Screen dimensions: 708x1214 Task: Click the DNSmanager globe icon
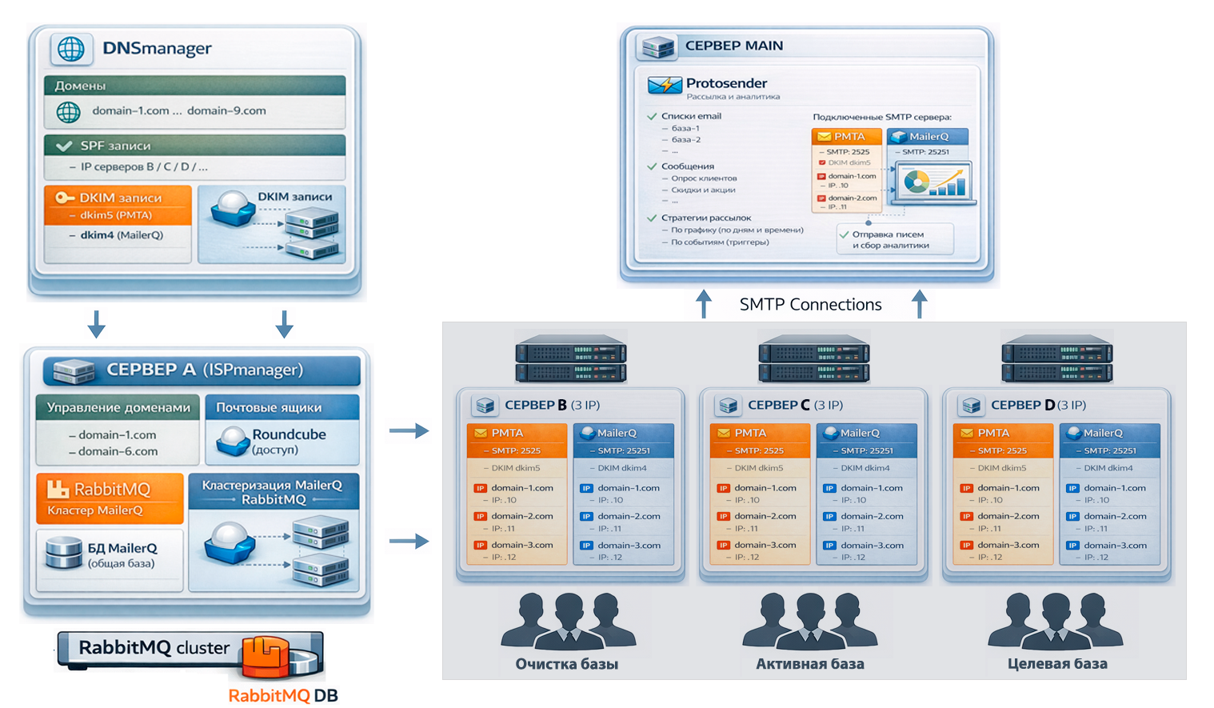click(71, 49)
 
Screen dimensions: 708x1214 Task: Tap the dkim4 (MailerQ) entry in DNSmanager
click(121, 235)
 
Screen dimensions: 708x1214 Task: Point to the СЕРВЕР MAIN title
click(733, 46)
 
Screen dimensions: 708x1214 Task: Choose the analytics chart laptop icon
click(933, 182)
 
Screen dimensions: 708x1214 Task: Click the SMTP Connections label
click(810, 305)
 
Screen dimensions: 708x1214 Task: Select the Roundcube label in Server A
click(289, 434)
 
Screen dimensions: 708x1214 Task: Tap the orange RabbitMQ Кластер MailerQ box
click(110, 498)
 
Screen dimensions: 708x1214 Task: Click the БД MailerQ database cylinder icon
click(64, 553)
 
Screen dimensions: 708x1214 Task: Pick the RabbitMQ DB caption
click(283, 695)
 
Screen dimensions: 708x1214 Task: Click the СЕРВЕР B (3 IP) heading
click(552, 406)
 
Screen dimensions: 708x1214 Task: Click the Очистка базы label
click(566, 664)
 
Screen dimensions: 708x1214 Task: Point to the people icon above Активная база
click(809, 621)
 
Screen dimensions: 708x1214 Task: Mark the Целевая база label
click(1057, 664)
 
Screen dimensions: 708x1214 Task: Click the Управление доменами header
click(118, 408)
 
